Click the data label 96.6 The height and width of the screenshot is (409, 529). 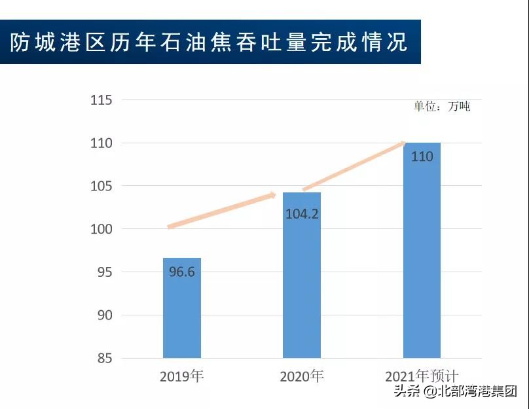click(181, 272)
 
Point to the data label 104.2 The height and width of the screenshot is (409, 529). click(302, 213)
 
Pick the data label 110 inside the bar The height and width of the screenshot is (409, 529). click(422, 156)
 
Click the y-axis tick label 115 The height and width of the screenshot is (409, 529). click(101, 100)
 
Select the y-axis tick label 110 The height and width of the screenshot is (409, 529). click(101, 143)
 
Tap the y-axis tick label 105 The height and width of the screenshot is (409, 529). click(101, 187)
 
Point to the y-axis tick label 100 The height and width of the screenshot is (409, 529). click(101, 229)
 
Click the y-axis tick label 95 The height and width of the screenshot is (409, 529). click(104, 272)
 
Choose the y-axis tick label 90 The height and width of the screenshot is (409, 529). click(104, 315)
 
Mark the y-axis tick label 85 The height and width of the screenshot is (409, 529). click(104, 359)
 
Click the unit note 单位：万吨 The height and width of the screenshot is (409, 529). click(441, 107)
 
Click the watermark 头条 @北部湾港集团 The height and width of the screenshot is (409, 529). click(455, 392)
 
